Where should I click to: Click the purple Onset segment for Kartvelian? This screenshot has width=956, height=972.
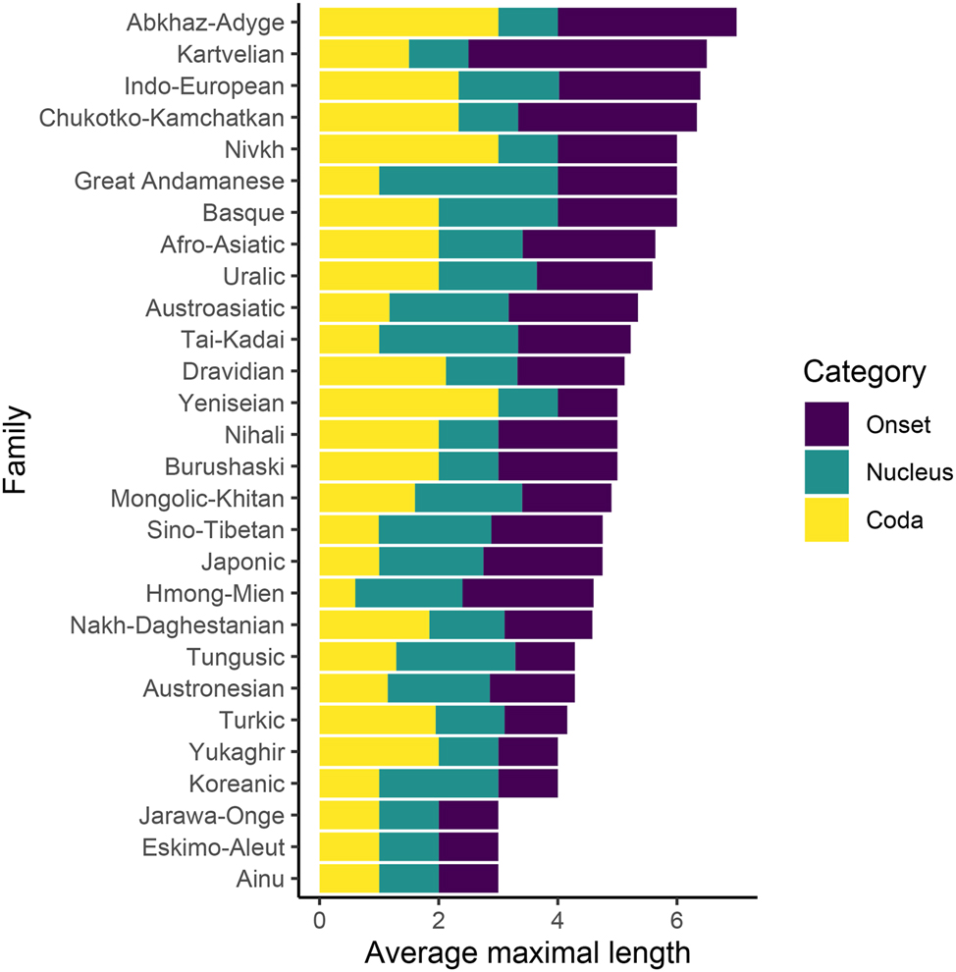(x=587, y=54)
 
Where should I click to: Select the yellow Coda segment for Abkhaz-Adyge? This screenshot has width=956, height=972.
(x=408, y=23)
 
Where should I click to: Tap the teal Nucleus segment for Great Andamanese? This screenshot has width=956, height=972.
(x=468, y=181)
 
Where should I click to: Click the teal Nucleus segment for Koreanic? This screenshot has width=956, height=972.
(x=439, y=784)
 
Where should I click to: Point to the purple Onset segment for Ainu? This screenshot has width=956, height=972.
(x=468, y=880)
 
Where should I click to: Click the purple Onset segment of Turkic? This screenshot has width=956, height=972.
(x=535, y=721)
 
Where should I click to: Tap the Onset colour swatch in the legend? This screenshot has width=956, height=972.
(x=826, y=424)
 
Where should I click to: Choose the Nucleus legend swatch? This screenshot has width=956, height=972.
(x=826, y=472)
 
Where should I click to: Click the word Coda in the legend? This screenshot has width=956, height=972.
(x=893, y=521)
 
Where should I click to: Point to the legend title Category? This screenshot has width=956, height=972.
(x=864, y=373)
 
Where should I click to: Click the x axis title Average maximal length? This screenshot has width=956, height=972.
(x=528, y=952)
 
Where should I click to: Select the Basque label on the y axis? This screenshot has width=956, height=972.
(x=243, y=213)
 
